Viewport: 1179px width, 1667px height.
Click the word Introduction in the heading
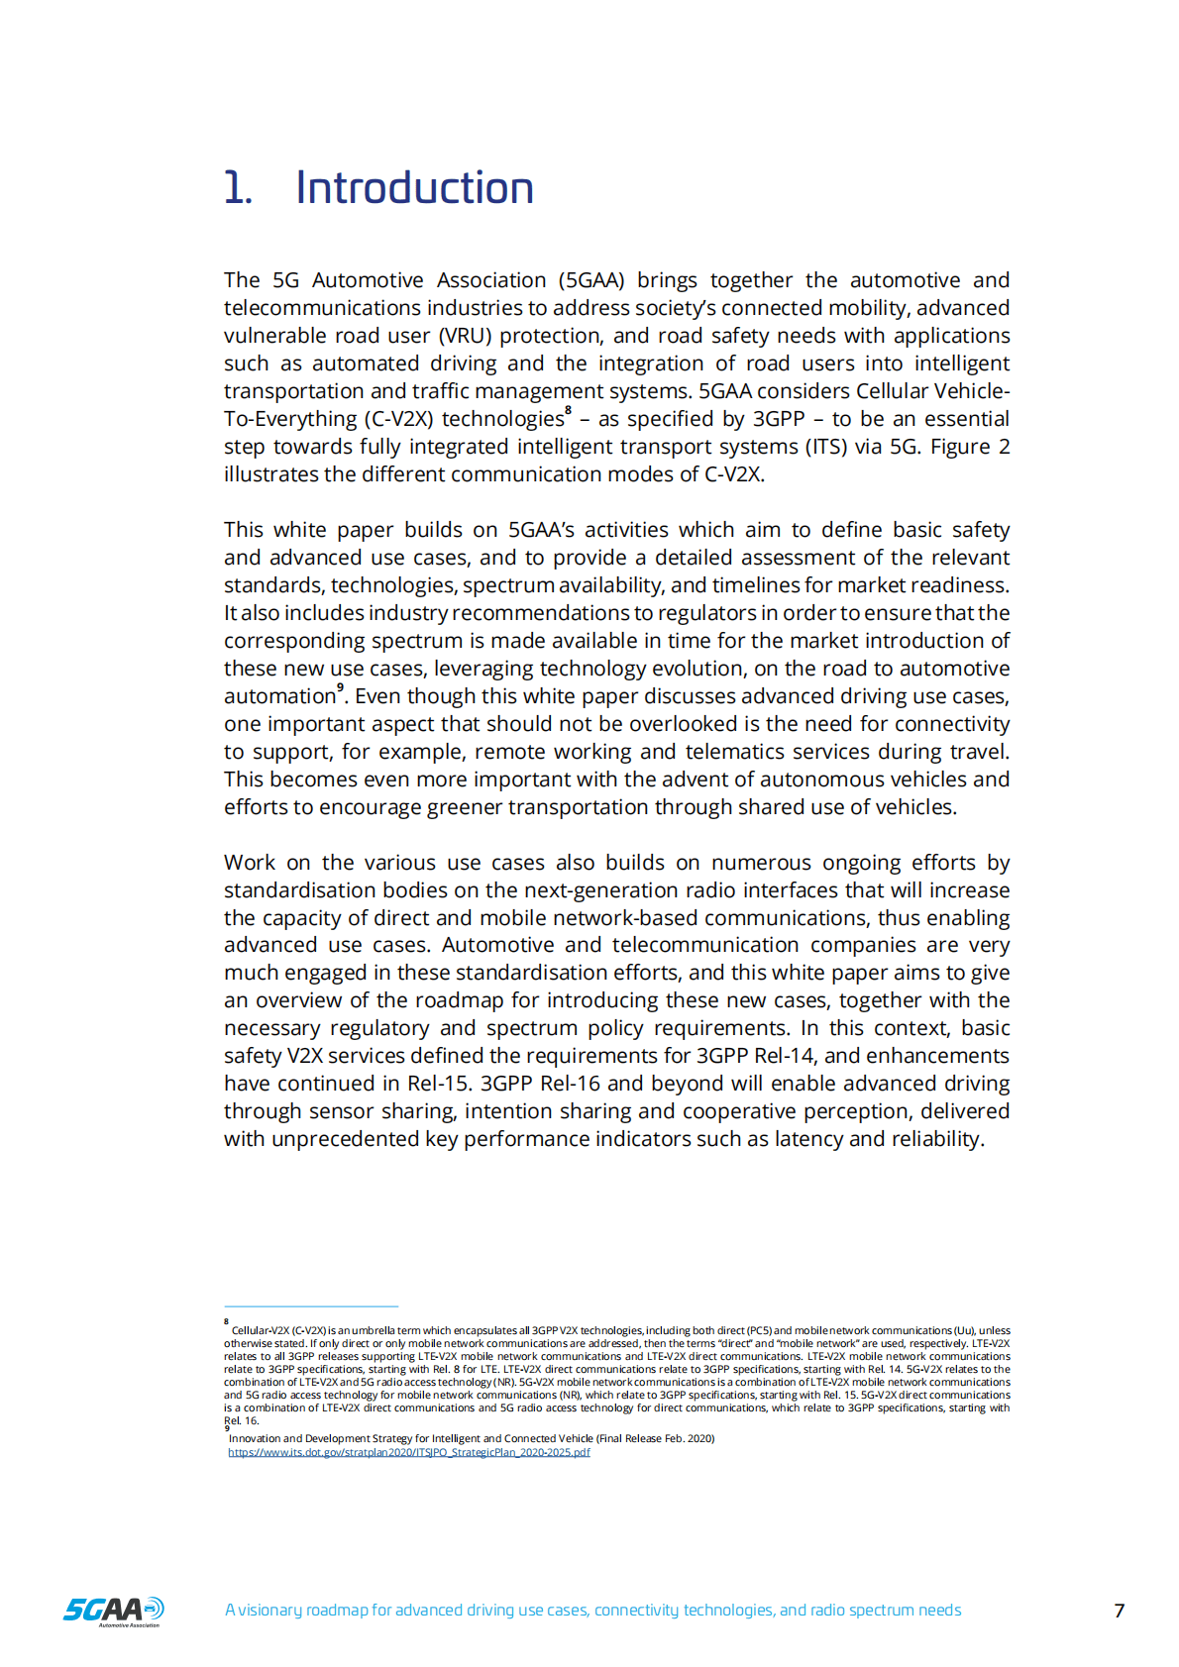click(414, 188)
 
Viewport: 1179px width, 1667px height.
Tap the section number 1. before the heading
click(238, 188)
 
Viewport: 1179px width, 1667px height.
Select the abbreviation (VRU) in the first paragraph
click(468, 336)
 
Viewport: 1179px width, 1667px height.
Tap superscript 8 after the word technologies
click(568, 411)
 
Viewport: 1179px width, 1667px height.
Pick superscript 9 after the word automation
click(340, 687)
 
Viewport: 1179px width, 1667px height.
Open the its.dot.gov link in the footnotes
click(409, 1452)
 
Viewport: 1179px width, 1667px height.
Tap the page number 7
click(1120, 1611)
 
